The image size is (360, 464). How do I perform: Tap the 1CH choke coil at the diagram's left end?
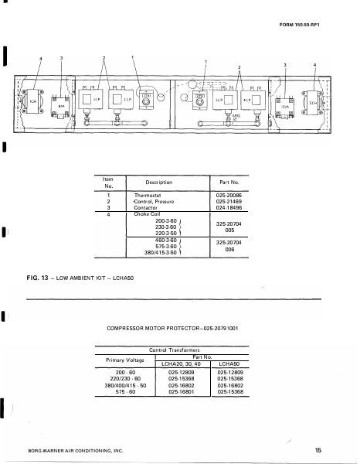click(x=22, y=101)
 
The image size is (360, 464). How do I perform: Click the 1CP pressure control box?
click(x=87, y=101)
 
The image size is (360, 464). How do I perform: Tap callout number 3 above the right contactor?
click(x=285, y=65)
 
